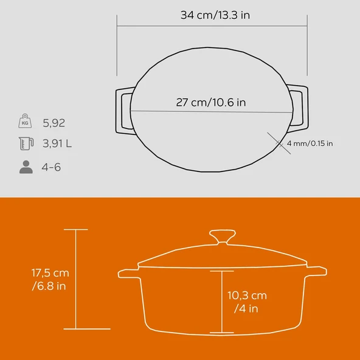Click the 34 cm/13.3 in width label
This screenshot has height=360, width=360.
click(x=215, y=15)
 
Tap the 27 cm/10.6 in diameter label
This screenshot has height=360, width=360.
click(x=211, y=102)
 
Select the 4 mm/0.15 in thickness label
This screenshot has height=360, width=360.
click(x=310, y=144)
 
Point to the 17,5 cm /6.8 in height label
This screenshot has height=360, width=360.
click(x=50, y=279)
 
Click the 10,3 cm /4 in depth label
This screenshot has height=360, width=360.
click(x=247, y=302)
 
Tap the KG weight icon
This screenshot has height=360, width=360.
click(x=25, y=121)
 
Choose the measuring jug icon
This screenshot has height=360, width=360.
click(x=26, y=144)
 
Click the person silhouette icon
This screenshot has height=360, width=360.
click(x=26, y=167)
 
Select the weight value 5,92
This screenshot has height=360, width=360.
click(x=54, y=123)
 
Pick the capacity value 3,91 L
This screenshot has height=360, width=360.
click(x=57, y=144)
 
